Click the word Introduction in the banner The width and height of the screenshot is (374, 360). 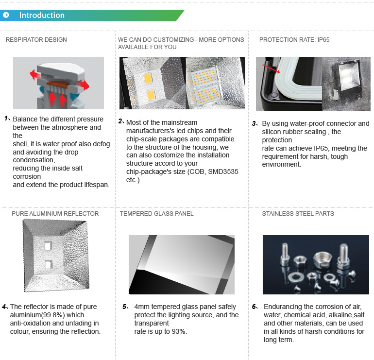(42, 15)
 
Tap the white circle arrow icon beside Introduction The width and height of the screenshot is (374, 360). (6, 15)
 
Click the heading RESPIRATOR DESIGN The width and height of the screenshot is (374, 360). (36, 40)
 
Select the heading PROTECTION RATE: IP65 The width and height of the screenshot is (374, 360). (294, 40)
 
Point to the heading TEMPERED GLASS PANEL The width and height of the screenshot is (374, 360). (156, 213)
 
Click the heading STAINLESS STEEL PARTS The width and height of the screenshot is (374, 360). (298, 213)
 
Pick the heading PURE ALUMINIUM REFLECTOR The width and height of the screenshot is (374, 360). (55, 213)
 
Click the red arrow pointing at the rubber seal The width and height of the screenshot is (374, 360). (271, 69)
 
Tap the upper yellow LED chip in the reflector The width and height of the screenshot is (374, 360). (148, 79)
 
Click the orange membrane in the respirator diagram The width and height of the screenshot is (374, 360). (56, 84)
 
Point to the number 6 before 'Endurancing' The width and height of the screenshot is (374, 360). (255, 307)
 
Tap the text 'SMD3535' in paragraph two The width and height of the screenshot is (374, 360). (223, 172)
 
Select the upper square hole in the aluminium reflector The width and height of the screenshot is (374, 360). (48, 246)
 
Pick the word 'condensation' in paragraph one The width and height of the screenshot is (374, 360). (34, 160)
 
